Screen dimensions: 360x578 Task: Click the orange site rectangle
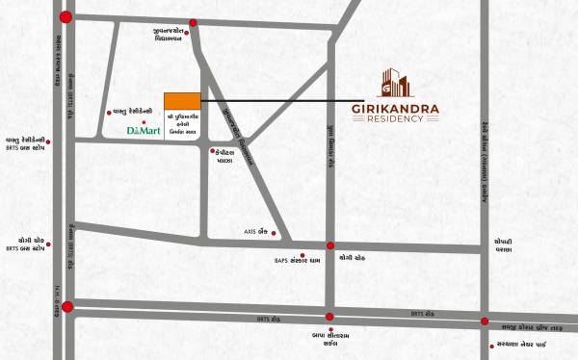(182, 102)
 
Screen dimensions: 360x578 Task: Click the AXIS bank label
(255, 232)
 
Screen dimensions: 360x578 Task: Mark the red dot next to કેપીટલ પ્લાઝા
(212, 151)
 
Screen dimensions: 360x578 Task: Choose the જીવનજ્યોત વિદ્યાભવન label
(174, 36)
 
